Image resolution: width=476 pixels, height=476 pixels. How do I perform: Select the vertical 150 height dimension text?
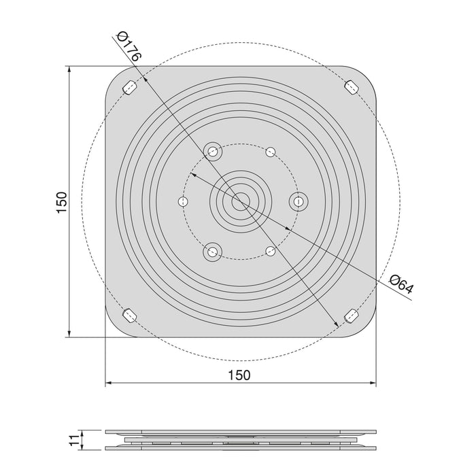[x=61, y=202]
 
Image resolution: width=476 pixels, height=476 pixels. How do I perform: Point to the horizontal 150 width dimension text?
[x=239, y=375]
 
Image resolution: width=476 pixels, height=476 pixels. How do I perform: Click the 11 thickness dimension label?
[x=74, y=440]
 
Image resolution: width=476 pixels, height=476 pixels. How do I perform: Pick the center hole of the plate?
[x=240, y=201]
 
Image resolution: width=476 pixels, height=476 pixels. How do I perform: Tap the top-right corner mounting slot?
[x=352, y=87]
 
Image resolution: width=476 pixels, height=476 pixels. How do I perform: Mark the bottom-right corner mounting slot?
[x=352, y=315]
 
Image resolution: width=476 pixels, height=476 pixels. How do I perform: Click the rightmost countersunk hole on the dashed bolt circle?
[x=298, y=201]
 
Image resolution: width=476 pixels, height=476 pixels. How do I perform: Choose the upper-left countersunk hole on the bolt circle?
[x=213, y=151]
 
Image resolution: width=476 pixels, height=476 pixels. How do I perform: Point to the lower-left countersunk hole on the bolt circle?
[x=213, y=252]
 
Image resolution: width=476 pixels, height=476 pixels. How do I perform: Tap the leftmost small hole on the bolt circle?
[x=182, y=201]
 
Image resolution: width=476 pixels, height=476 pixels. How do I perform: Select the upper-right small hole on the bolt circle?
[x=270, y=151]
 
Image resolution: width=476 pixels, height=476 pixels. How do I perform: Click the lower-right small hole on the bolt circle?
[x=270, y=252]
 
